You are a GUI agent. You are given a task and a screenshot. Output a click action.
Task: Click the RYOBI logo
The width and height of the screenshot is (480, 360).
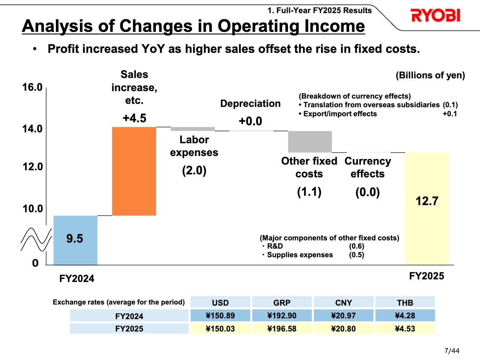[x=435, y=16]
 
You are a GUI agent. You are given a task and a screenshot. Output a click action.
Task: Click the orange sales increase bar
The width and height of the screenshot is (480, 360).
[x=134, y=171]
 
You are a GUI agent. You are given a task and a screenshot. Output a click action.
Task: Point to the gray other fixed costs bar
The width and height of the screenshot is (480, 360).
[x=310, y=142]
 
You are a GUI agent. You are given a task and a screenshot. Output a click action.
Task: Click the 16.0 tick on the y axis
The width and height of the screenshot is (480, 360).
[x=32, y=87]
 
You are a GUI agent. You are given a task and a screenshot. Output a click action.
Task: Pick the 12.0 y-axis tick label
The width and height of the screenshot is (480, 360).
[x=32, y=167]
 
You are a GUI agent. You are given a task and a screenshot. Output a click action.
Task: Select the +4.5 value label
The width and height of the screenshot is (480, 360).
[x=134, y=118]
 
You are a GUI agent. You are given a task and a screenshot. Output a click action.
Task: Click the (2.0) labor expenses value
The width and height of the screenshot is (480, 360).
[x=194, y=171]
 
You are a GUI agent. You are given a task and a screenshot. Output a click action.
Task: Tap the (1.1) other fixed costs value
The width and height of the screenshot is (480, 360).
[x=309, y=192]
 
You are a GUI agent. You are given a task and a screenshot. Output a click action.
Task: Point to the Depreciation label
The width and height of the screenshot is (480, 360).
[x=250, y=104]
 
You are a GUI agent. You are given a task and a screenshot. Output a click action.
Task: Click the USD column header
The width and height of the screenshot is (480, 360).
[x=220, y=303]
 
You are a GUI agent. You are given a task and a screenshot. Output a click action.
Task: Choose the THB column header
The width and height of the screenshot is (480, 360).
[x=405, y=303]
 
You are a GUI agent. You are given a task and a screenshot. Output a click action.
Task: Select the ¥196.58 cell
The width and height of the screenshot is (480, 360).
[x=282, y=329]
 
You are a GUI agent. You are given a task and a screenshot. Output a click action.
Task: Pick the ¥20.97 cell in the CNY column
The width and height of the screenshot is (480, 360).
[x=343, y=316]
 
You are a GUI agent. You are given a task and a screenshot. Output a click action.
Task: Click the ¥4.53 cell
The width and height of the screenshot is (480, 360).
[x=405, y=329]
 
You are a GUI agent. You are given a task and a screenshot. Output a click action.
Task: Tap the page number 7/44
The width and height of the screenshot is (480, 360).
[x=451, y=351]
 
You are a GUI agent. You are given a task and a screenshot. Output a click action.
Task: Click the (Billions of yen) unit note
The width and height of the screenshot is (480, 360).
[x=430, y=75]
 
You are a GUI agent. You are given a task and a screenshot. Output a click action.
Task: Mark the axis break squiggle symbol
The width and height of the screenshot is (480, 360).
[x=36, y=240]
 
